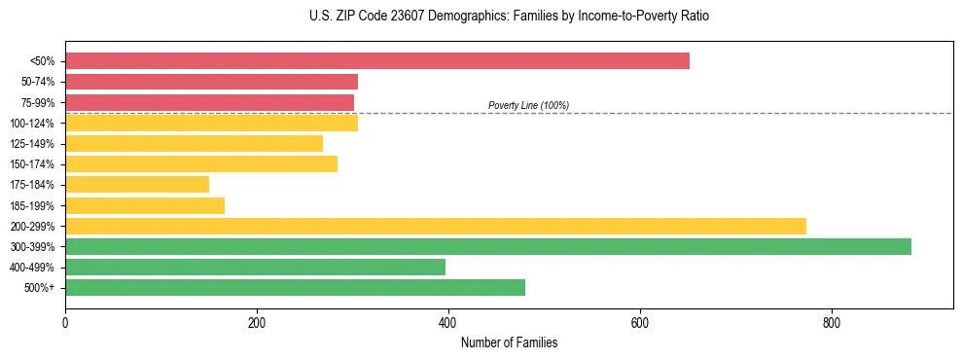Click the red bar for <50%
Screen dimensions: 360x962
[377, 61]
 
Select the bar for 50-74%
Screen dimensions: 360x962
[211, 82]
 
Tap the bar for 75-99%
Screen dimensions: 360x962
[209, 102]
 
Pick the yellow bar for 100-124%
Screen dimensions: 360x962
[211, 123]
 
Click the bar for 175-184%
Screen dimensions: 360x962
[137, 185]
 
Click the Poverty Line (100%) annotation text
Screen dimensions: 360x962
[528, 105]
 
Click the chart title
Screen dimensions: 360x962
[502, 17]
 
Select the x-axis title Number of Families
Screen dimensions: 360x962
[509, 343]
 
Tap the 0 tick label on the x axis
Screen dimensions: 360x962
[65, 323]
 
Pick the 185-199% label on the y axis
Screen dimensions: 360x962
[32, 205]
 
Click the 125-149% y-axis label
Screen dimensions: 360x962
[32, 144]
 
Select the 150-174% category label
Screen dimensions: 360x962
[32, 164]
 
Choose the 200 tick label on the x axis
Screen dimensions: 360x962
[257, 323]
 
